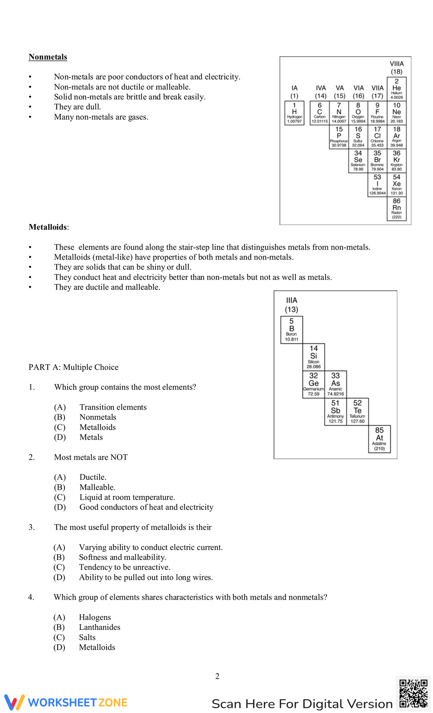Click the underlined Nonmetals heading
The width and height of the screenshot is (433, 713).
point(48,57)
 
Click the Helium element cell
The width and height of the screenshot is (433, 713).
point(397,89)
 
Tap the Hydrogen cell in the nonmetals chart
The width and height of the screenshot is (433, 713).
point(294,113)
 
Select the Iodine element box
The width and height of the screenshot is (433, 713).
point(378,185)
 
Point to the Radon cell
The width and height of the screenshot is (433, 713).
point(397,209)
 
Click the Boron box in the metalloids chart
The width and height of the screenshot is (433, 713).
point(291,330)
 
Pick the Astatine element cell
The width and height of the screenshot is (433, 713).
point(379,439)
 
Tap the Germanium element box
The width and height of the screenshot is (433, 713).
point(313,384)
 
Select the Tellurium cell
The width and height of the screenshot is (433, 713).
point(358,412)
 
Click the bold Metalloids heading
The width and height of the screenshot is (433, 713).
point(48,227)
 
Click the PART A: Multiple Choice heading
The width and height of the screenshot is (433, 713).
point(74,367)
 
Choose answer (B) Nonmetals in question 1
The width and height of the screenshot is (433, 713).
point(97,417)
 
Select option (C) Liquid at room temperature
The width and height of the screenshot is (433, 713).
point(127,497)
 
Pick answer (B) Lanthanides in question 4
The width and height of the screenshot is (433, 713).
point(99,627)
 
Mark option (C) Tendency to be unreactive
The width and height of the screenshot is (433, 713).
point(124,567)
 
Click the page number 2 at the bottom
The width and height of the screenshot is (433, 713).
point(217,676)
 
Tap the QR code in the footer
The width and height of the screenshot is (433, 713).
point(413,693)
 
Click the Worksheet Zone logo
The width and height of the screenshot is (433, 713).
point(66,702)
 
